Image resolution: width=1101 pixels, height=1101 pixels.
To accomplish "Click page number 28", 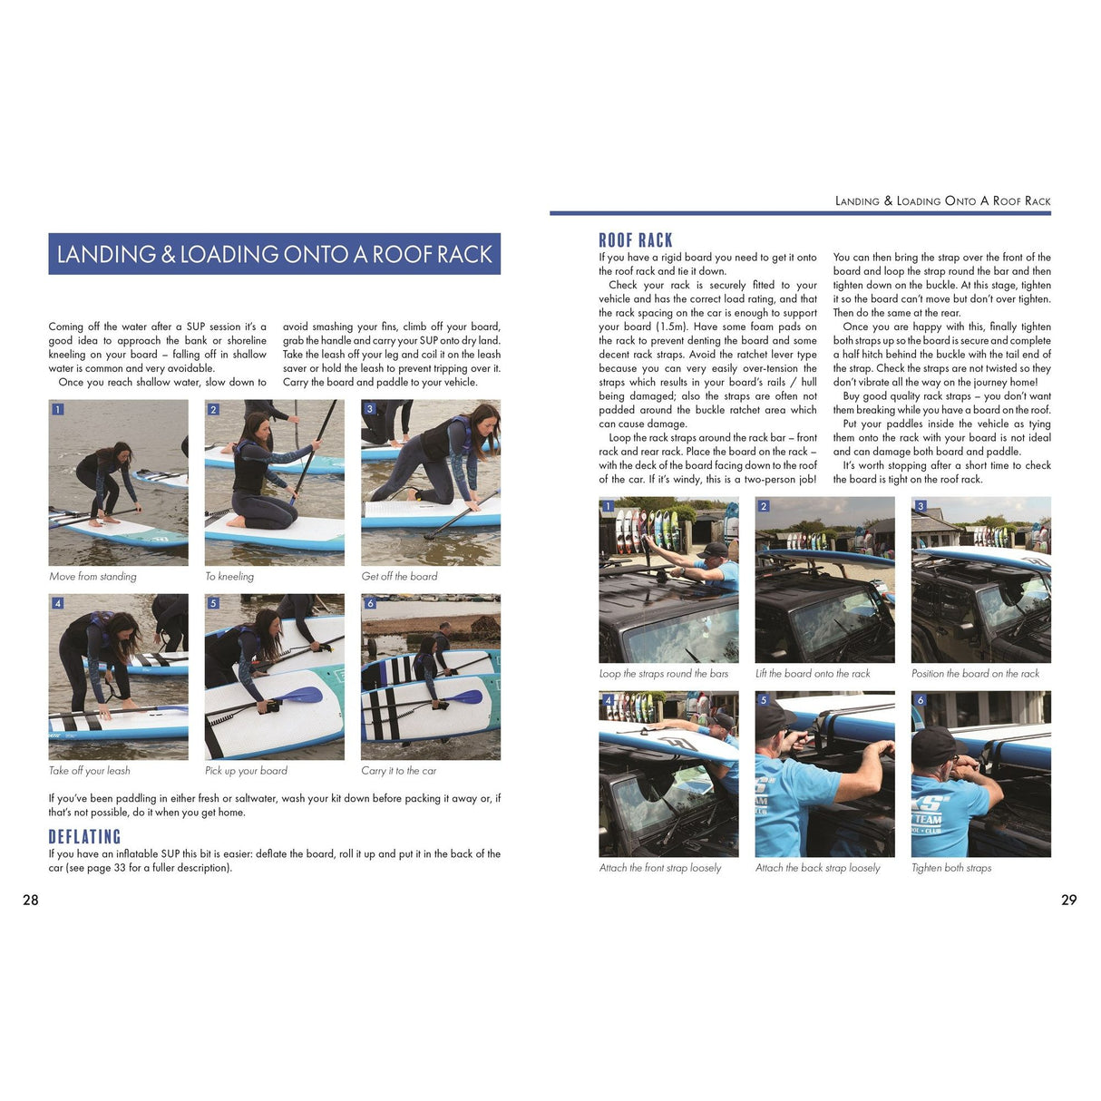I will (31, 900).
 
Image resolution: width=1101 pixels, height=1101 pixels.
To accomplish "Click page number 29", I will (1069, 900).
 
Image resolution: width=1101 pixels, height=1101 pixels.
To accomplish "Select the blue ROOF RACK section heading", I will (636, 240).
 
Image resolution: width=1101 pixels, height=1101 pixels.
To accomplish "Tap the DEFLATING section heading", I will (84, 837).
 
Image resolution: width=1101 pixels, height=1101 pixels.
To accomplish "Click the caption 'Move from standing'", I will (93, 577).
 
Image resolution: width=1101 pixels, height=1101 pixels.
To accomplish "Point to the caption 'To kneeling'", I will (229, 577).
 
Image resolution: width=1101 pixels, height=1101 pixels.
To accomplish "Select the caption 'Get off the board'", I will (399, 577).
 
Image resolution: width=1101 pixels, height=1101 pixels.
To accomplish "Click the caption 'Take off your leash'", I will (89, 771).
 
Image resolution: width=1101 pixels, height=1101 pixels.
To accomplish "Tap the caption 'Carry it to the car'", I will (398, 771).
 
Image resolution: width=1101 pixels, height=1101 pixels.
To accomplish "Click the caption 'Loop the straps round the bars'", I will (663, 674).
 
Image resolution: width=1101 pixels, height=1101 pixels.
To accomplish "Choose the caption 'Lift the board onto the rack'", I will (813, 674).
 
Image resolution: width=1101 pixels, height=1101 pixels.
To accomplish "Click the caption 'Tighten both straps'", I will (951, 868).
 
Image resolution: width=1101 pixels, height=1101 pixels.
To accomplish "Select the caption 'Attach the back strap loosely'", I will (817, 868).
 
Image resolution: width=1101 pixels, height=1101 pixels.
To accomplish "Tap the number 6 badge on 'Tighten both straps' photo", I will (921, 700).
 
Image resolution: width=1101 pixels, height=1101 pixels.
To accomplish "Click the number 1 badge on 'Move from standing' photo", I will (57, 409).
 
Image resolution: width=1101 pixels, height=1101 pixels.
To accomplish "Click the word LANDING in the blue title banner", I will (106, 255).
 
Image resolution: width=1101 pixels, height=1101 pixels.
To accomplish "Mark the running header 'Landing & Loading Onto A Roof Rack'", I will (942, 201).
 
